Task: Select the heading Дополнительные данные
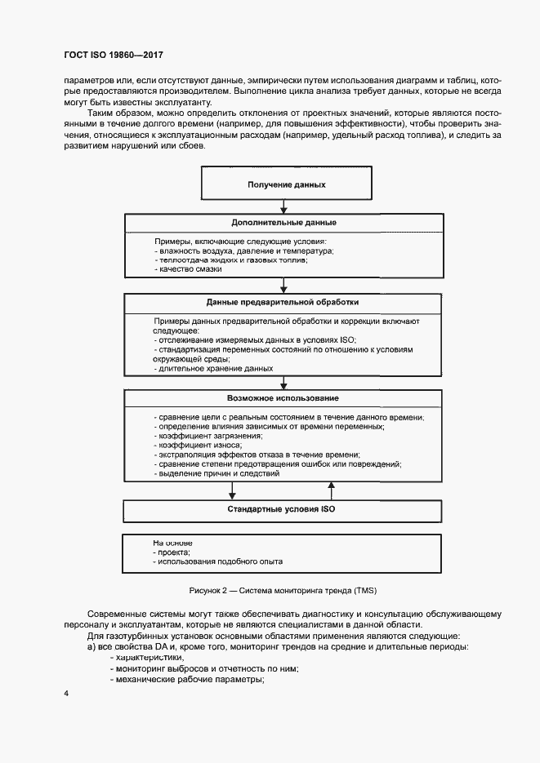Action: [283, 223]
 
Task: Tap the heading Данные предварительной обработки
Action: [283, 302]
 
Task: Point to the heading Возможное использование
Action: [283, 397]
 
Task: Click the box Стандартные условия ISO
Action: [282, 509]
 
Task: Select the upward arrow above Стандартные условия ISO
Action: [332, 489]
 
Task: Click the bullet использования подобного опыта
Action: [218, 562]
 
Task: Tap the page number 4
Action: [66, 694]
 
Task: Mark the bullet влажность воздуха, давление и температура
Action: [243, 251]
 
